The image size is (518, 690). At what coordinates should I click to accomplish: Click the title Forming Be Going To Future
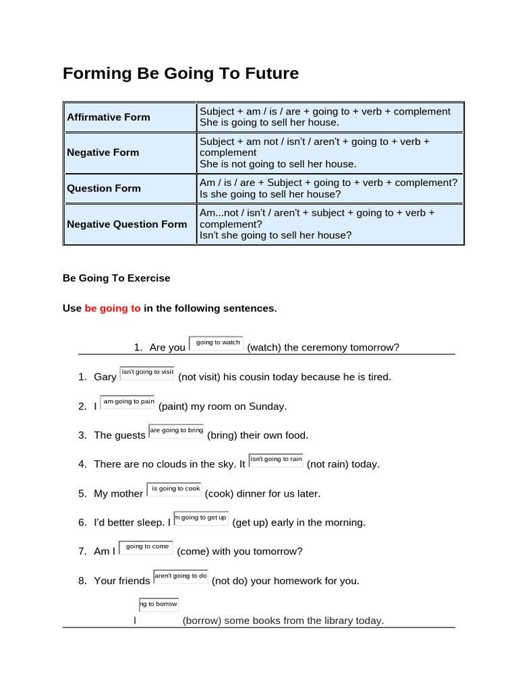click(180, 73)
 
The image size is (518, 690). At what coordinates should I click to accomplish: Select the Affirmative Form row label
click(109, 117)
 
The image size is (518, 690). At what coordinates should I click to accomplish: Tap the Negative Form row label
click(103, 153)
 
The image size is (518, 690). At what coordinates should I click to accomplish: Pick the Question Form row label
click(104, 189)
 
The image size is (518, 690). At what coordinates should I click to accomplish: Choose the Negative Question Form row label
click(127, 224)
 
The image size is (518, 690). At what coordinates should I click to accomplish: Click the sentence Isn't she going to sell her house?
click(275, 235)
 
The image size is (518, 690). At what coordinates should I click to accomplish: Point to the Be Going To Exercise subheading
click(117, 278)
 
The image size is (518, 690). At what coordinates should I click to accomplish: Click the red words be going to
click(113, 309)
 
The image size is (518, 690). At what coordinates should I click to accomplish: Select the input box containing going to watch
click(217, 343)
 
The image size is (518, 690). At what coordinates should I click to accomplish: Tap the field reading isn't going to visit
click(147, 372)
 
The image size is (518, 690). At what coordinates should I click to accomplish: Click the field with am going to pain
click(127, 402)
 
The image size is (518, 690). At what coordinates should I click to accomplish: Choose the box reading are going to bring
click(176, 431)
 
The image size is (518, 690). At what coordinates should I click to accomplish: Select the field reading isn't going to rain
click(276, 460)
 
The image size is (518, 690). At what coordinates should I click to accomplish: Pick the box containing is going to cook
click(174, 489)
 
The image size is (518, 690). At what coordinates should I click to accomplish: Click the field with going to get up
click(201, 517)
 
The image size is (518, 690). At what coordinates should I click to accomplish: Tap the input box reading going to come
click(146, 547)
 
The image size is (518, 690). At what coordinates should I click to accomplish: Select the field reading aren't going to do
click(181, 576)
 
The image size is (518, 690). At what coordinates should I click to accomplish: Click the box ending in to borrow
click(159, 604)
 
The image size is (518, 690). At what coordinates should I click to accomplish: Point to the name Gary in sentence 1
click(105, 377)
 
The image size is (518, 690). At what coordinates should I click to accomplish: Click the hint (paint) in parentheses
click(175, 406)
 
